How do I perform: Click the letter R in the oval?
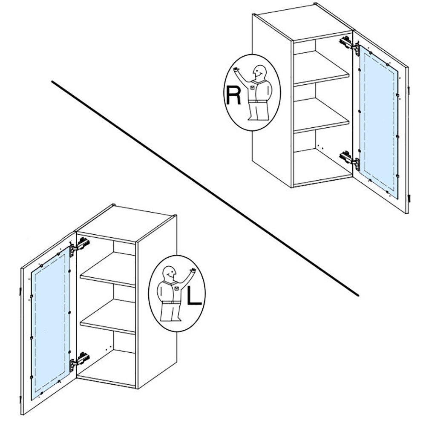233,95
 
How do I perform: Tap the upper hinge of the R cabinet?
350,45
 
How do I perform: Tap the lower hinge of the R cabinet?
350,160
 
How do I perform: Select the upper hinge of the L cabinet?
80,246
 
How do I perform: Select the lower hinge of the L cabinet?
80,361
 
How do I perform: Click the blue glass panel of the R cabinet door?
378,122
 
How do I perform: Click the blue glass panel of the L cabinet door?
50,323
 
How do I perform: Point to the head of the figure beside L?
169,273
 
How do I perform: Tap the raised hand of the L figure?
193,271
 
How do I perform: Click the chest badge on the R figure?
252,87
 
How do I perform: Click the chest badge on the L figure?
177,288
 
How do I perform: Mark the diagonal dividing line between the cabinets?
205,188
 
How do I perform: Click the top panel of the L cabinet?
126,223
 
